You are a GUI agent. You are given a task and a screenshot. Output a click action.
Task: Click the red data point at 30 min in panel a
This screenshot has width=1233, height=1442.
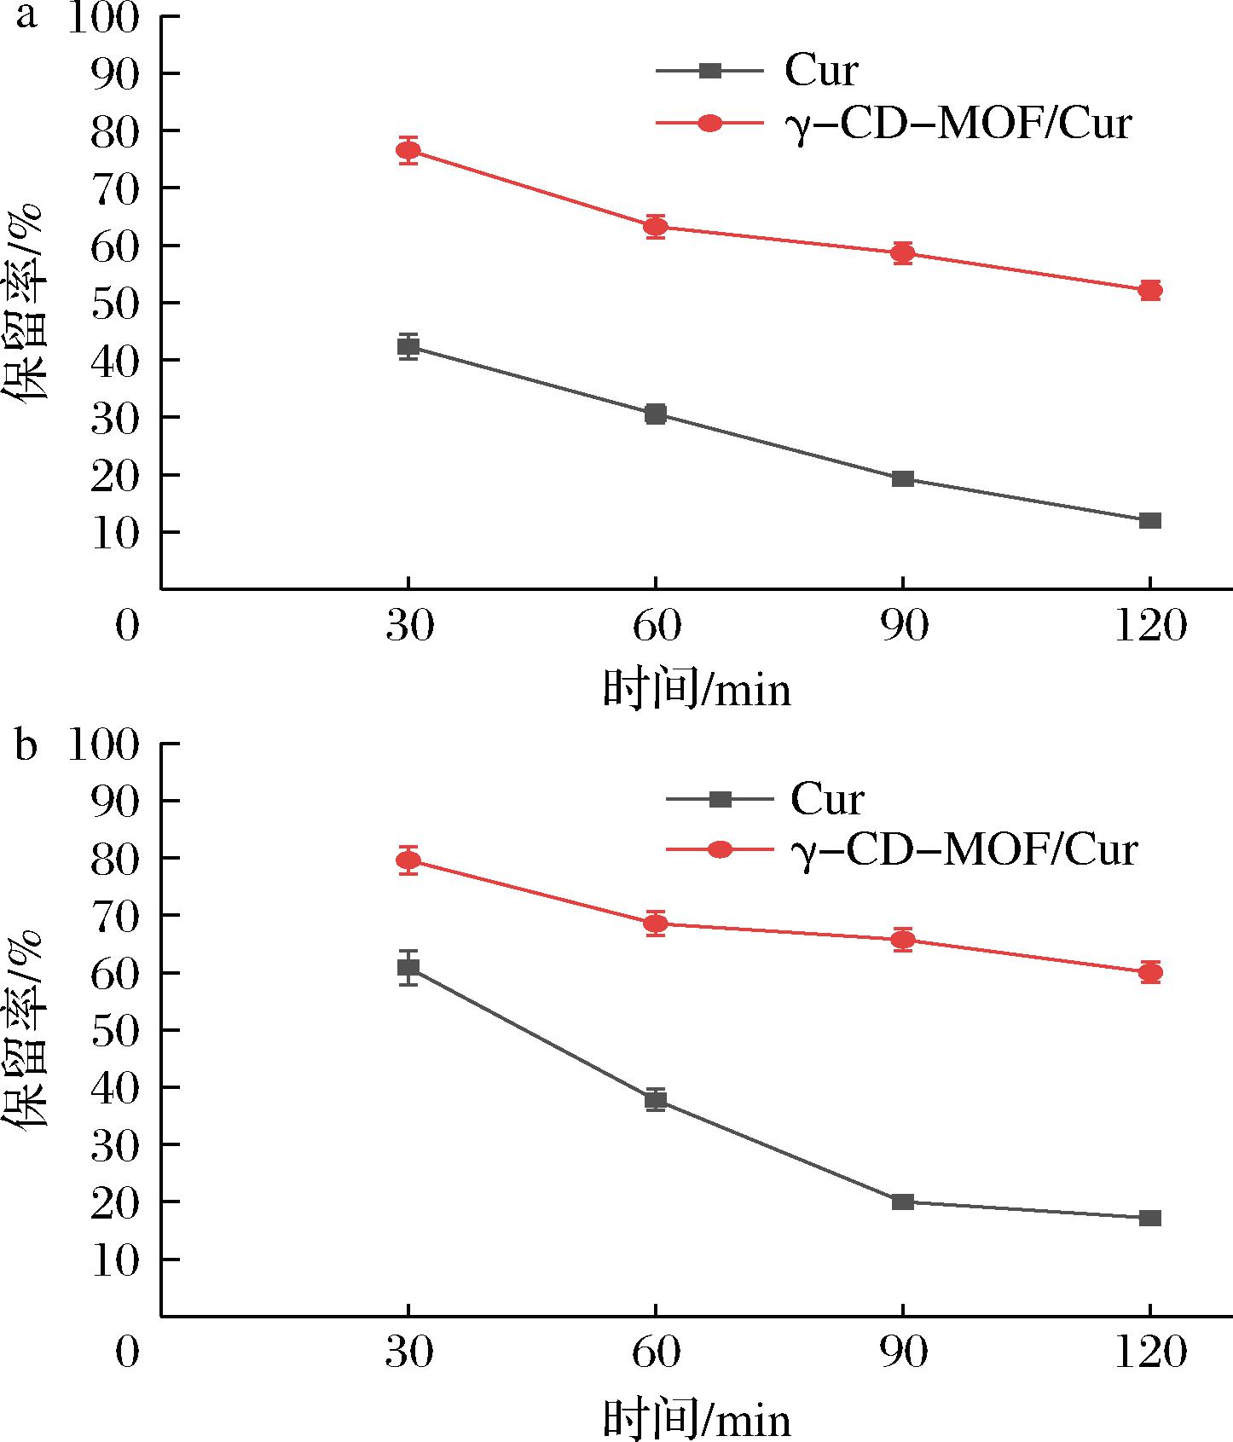[x=408, y=150]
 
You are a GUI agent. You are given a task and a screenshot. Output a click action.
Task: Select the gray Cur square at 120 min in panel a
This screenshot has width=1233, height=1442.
[x=1149, y=520]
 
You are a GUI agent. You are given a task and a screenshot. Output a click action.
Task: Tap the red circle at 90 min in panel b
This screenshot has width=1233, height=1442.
[x=903, y=940]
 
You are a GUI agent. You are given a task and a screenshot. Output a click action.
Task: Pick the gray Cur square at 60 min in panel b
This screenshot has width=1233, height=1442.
[x=656, y=1099]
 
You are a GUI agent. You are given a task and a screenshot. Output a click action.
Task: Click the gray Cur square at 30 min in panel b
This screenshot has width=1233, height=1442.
[x=408, y=967]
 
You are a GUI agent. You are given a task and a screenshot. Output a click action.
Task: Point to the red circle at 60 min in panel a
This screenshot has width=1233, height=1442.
[x=656, y=226]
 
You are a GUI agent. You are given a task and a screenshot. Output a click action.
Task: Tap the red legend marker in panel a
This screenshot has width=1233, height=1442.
[x=709, y=124]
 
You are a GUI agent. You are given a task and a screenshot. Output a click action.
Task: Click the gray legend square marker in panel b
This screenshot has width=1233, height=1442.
[x=721, y=799]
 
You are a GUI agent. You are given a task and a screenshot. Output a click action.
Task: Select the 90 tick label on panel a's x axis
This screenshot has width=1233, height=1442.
[x=903, y=628]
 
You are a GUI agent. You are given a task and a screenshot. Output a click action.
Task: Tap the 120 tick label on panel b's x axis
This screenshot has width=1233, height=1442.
[x=1149, y=1354]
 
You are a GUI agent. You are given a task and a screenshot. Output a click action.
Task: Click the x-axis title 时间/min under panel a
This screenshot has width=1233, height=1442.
[x=698, y=689]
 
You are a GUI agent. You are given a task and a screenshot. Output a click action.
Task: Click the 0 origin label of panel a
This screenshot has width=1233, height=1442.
[x=127, y=628]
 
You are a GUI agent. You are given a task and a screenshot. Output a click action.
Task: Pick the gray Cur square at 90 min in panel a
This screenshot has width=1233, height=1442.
[x=903, y=478]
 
